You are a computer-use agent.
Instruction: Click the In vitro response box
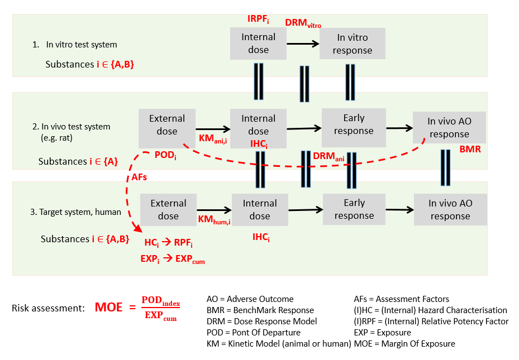point(352,44)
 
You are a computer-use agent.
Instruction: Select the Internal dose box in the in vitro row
point(258,44)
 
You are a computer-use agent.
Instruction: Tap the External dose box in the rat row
point(166,125)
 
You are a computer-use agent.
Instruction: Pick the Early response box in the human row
point(354,209)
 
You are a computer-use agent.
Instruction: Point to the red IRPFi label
point(258,20)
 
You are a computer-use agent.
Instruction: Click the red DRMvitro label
point(303,23)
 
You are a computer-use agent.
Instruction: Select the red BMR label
point(470,150)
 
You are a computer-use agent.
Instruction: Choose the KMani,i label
point(213,138)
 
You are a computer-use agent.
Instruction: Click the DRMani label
point(328,156)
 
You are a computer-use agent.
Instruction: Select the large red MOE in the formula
point(108,308)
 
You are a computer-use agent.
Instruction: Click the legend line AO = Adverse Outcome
point(250,299)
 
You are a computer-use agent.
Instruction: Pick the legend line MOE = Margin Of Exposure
point(404,344)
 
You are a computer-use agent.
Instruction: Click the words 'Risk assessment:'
point(48,308)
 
